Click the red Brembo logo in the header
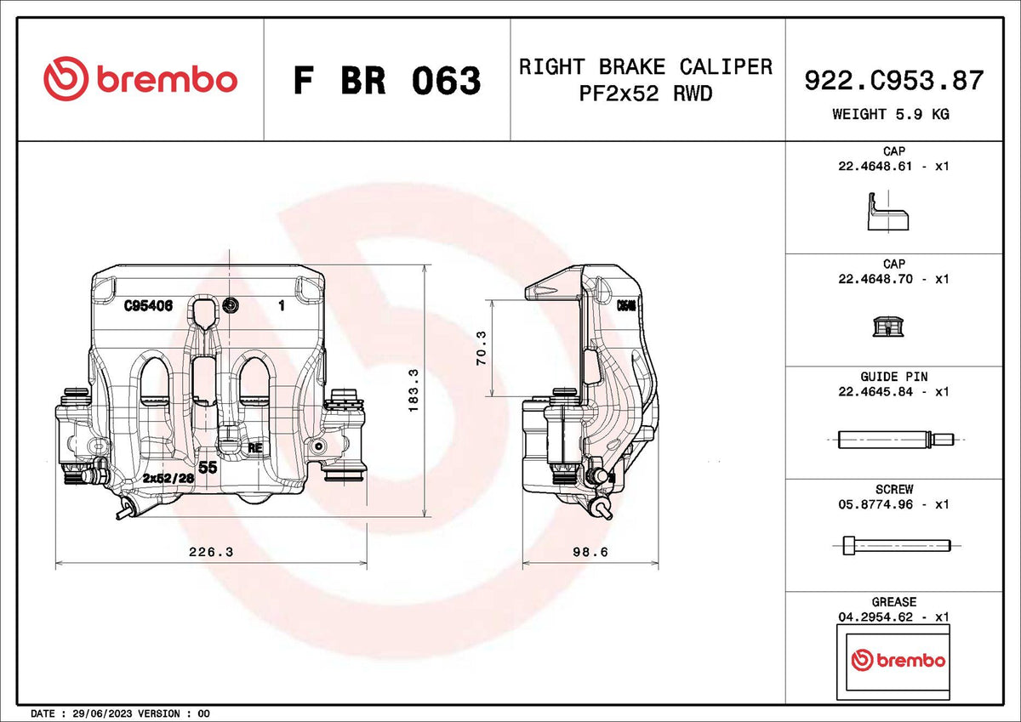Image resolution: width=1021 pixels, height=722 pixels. tap(140, 79)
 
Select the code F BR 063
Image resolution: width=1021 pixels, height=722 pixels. tap(387, 81)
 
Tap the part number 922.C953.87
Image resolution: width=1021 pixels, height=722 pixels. tap(894, 81)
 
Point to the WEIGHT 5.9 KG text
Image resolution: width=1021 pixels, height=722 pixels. tap(891, 114)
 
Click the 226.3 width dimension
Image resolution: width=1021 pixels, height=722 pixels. tap(211, 552)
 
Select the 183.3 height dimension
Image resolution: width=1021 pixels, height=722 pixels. tap(414, 391)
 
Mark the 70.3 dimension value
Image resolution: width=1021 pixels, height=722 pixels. tap(482, 348)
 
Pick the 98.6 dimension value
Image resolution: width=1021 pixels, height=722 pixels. tap(590, 552)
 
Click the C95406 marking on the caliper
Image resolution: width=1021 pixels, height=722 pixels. tap(149, 305)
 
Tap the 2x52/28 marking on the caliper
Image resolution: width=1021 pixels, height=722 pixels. tap(168, 478)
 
